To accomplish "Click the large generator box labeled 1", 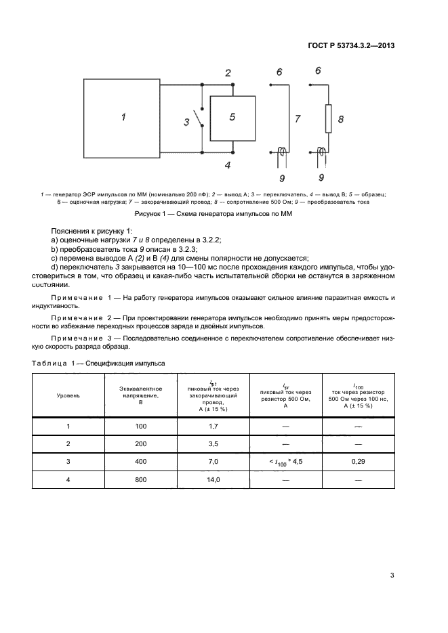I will click(x=123, y=117).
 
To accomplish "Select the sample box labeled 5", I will click(x=232, y=118).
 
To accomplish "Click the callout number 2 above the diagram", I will click(x=228, y=73).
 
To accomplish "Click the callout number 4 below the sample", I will click(x=228, y=165).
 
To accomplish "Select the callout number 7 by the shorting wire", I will click(x=297, y=118).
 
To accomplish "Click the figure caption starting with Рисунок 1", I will click(x=224, y=215).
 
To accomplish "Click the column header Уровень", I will click(x=68, y=395).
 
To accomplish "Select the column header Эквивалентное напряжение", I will click(x=141, y=395).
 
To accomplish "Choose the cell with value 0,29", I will click(x=357, y=462).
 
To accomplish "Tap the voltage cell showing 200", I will click(x=141, y=444).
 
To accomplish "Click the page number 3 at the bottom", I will click(x=392, y=576).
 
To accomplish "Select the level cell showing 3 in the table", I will click(x=68, y=462).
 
